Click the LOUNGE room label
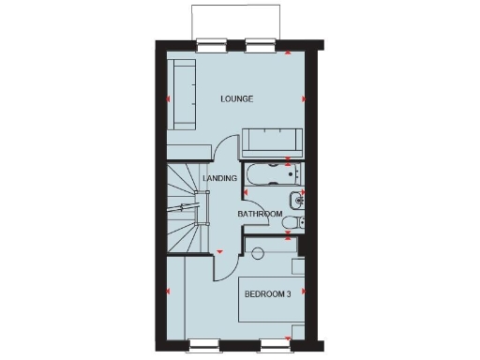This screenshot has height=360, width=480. (237, 98)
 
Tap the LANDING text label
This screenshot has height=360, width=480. (219, 178)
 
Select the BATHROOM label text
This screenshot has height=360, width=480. (260, 215)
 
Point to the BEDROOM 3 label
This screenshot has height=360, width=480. (268, 293)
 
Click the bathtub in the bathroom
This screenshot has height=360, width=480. (271, 173)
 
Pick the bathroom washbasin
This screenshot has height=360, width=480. (296, 198)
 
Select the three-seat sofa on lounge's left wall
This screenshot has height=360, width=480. (181, 94)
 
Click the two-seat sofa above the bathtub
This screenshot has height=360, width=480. (270, 142)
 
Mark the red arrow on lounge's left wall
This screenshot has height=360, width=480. (169, 98)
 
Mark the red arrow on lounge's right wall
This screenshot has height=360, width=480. (303, 98)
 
